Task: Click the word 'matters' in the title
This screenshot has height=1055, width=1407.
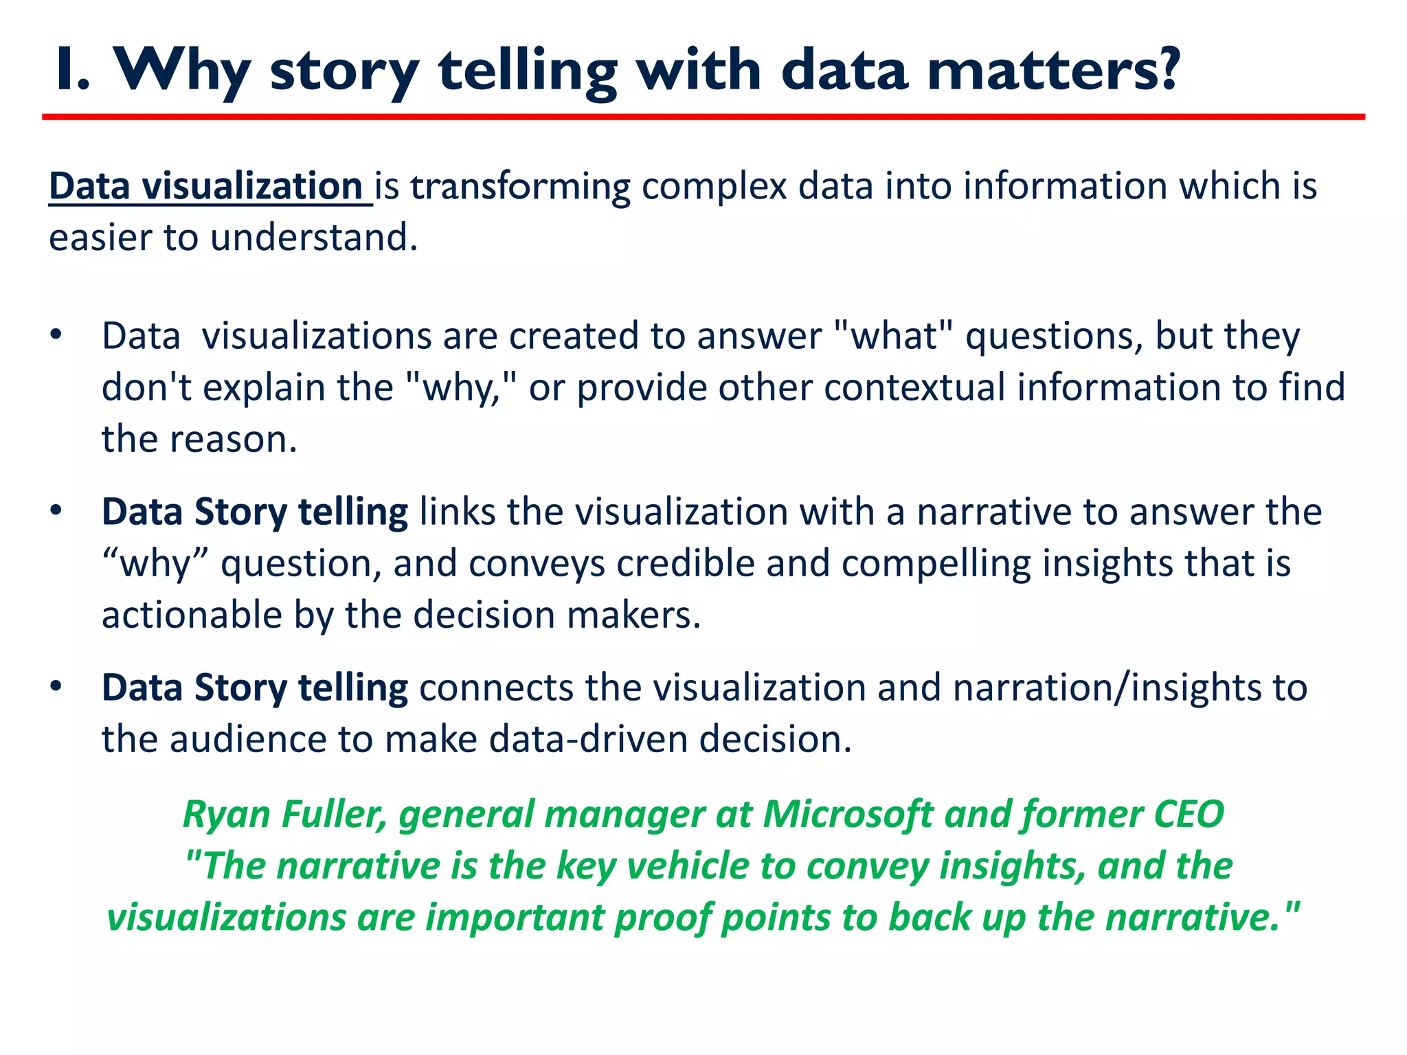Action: point(1037,71)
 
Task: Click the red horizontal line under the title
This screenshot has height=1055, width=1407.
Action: point(703,117)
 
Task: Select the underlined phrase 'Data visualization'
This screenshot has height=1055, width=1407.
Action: point(206,187)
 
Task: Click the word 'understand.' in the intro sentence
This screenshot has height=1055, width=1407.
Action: point(314,238)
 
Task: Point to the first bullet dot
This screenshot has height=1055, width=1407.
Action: point(56,336)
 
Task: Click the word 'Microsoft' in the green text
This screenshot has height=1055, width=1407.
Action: point(848,815)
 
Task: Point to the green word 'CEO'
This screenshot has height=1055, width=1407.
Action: point(1189,815)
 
